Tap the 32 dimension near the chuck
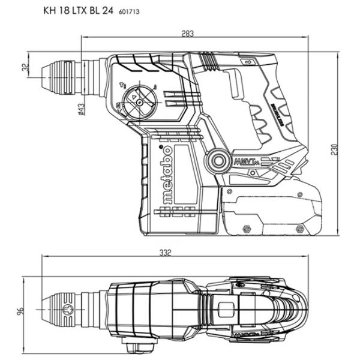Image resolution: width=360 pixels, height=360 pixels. point(25,68)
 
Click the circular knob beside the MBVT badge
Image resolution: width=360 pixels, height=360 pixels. point(215,161)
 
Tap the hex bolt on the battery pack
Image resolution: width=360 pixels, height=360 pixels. point(247,229)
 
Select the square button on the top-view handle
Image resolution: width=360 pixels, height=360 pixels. point(226,311)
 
